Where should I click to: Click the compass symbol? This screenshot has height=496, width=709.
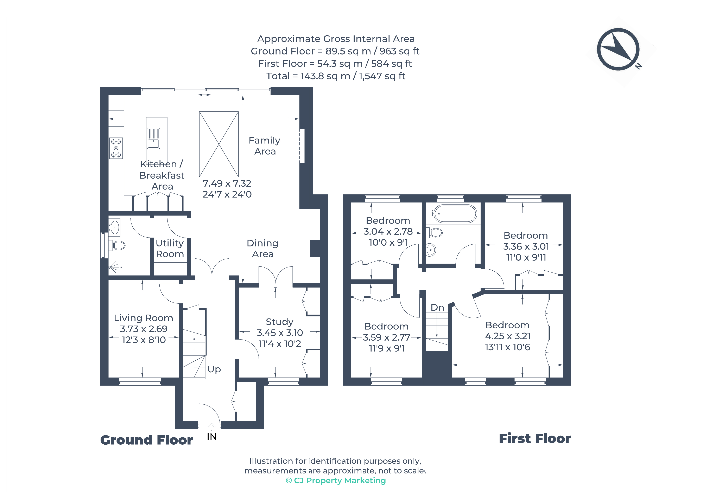point(618,49)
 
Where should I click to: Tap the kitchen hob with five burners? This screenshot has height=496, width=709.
point(116,148)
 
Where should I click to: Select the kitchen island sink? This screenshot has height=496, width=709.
point(153,139)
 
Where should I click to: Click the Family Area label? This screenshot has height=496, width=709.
point(265,146)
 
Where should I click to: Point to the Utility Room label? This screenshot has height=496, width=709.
point(170,249)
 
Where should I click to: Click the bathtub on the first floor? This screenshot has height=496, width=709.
point(455,214)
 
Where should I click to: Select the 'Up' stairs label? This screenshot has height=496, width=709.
point(214,369)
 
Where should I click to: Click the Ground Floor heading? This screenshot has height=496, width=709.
point(146,440)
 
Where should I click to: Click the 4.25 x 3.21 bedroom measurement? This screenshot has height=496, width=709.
point(508,336)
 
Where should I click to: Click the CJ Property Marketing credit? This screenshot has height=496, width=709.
point(336,481)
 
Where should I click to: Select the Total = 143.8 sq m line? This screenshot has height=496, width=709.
point(336,76)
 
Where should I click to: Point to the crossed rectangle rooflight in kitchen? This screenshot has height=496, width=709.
point(219,144)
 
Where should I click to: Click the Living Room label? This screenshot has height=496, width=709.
point(144,318)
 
